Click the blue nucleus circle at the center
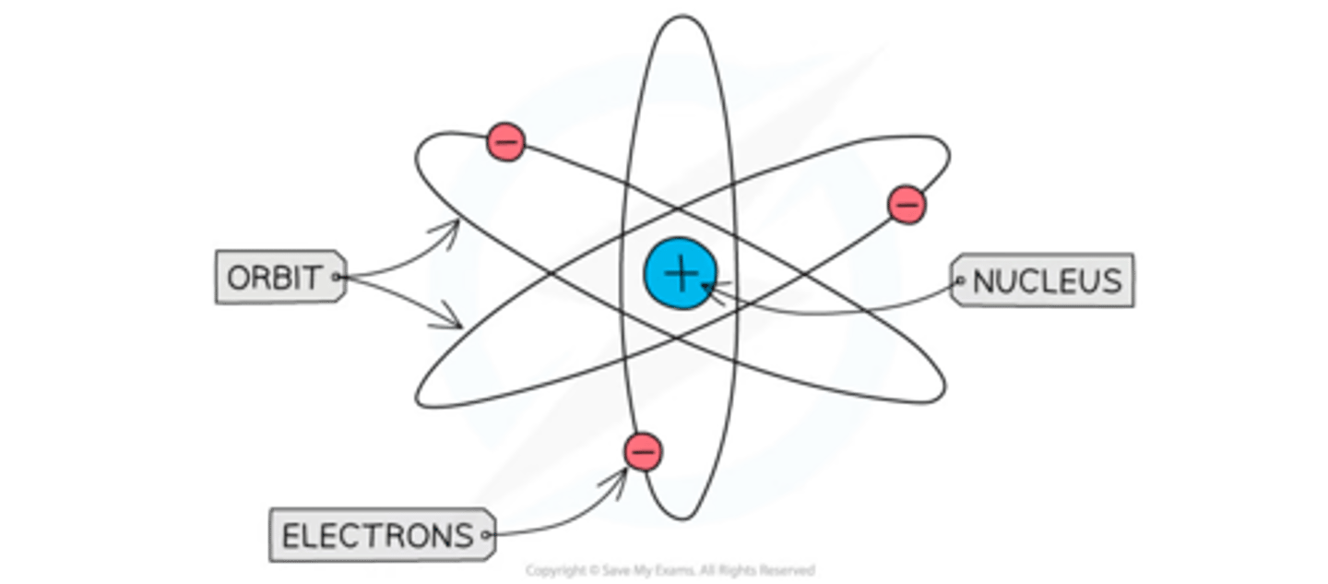click(681, 274)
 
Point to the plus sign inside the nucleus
click(681, 274)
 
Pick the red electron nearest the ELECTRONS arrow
click(642, 452)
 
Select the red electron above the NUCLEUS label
click(906, 204)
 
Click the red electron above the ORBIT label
click(505, 142)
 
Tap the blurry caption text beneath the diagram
click(671, 569)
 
